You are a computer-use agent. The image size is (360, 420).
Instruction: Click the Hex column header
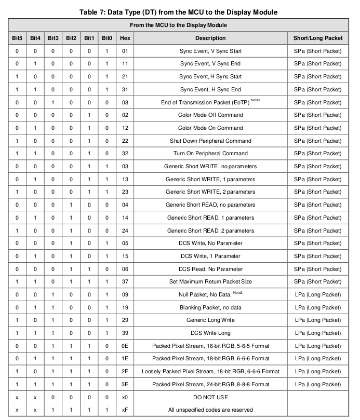pyautogui.click(x=125, y=38)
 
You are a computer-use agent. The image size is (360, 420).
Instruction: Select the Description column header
pyautogui.click(x=210, y=38)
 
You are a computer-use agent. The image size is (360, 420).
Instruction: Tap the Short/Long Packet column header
pyautogui.click(x=318, y=38)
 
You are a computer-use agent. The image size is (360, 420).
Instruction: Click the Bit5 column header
pyautogui.click(x=17, y=38)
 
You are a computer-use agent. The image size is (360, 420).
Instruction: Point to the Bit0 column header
pyautogui.click(x=107, y=38)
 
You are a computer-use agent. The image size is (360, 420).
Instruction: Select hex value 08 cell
pyautogui.click(x=125, y=102)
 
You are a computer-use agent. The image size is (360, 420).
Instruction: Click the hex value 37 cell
pyautogui.click(x=125, y=282)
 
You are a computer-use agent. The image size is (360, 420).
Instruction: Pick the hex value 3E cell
pyautogui.click(x=125, y=384)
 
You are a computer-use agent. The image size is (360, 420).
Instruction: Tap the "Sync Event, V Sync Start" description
pyautogui.click(x=210, y=51)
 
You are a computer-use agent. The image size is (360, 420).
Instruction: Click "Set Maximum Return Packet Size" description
pyautogui.click(x=210, y=282)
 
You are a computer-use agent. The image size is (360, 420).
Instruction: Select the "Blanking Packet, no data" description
pyautogui.click(x=210, y=307)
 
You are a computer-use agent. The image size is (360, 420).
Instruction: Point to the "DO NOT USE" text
pyautogui.click(x=210, y=397)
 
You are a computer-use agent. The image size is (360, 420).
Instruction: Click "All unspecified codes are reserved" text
pyautogui.click(x=210, y=410)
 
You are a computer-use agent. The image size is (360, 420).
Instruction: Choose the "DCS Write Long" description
pyautogui.click(x=210, y=333)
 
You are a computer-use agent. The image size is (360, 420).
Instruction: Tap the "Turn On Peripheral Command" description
pyautogui.click(x=210, y=154)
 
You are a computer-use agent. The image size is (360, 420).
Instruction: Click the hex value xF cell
pyautogui.click(x=125, y=410)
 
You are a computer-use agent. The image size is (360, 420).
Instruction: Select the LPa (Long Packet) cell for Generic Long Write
pyautogui.click(x=318, y=320)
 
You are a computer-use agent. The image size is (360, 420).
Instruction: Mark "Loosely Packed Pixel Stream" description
pyautogui.click(x=210, y=371)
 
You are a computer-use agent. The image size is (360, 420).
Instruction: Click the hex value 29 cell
pyautogui.click(x=125, y=320)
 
